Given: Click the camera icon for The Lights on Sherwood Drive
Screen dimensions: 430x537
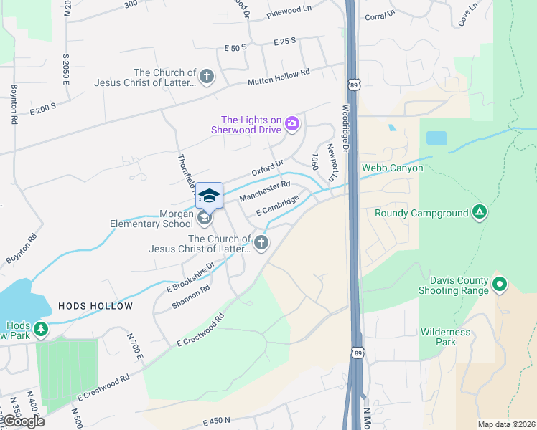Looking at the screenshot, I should coord(292,124).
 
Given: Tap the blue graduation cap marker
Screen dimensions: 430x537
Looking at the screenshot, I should coord(209,196).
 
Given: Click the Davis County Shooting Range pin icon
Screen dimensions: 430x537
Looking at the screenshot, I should coord(501,285).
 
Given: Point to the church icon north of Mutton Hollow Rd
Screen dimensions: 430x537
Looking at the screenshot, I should coord(206,77).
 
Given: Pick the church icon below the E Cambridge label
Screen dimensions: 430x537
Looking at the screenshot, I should coord(261,243).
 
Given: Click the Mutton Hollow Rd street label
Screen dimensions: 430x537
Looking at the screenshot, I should coord(279,77).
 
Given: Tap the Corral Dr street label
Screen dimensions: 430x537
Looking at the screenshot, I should coord(380,16).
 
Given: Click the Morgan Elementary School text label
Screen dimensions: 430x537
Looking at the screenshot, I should coord(151,219).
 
